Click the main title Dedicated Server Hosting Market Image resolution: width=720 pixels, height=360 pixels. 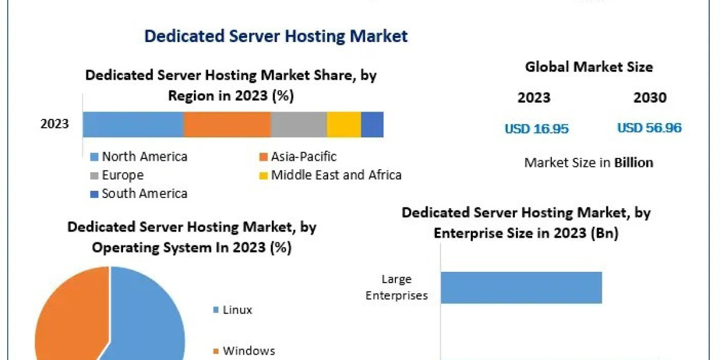[x=276, y=36]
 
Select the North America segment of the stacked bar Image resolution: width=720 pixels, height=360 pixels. [x=133, y=125]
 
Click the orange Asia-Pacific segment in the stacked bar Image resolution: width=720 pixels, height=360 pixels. [x=227, y=125]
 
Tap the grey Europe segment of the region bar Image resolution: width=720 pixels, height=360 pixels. [x=298, y=125]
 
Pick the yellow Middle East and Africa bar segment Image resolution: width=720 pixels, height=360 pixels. [x=344, y=125]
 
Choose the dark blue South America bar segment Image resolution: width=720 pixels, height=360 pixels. [x=372, y=125]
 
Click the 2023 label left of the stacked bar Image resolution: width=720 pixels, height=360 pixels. [x=55, y=125]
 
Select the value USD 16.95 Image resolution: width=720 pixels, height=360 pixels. [x=536, y=128]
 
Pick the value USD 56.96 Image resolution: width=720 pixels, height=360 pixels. [x=649, y=128]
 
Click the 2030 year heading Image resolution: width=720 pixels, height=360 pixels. [x=650, y=98]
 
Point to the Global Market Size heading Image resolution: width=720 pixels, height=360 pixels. [x=589, y=67]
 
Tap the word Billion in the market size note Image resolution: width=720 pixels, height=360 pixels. [x=633, y=163]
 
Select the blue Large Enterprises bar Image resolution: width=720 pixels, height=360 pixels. [x=521, y=287]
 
